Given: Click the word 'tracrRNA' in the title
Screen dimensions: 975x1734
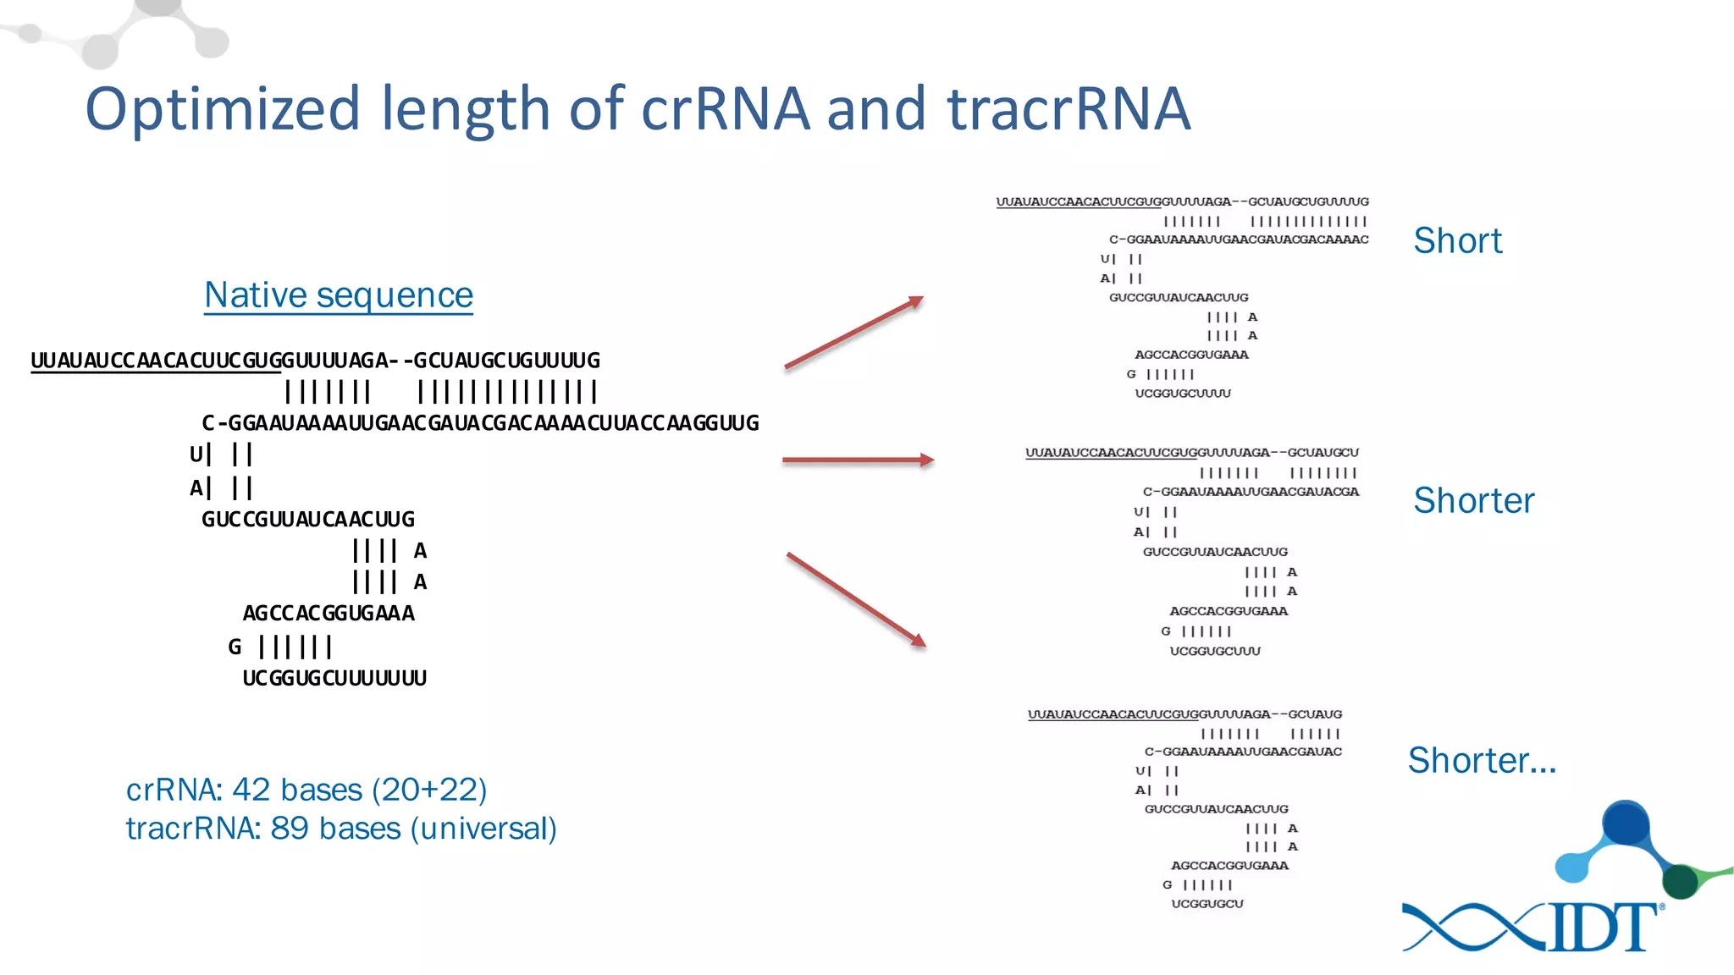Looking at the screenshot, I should coord(1069,110).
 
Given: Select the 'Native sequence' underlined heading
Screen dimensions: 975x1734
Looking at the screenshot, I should coord(339,295).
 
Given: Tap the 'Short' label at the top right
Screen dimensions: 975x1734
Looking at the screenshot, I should coord(1457,241).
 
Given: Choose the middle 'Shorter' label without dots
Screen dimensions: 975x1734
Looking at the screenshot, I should coord(1473,501).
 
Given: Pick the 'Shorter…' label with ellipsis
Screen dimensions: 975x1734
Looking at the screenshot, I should coord(1482,761).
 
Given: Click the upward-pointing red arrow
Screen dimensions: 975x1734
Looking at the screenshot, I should coord(853,333).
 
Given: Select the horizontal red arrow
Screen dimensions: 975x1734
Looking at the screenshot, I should coord(857,460).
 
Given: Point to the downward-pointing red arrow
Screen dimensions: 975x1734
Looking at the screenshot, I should coord(855,599).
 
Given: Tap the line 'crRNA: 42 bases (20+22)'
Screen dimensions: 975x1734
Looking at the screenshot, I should coord(306,790).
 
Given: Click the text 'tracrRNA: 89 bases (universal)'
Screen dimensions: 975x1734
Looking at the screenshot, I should coord(341,829).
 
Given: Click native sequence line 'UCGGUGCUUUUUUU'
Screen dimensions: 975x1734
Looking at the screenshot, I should coord(334,679).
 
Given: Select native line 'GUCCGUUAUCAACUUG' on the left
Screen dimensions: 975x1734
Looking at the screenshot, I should coord(308,520).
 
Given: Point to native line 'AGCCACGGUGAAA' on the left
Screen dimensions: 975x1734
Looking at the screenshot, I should coord(329,614).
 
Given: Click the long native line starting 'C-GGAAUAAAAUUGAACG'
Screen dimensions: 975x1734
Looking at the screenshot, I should coord(480,423).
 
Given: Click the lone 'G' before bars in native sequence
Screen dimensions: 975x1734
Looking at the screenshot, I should coord(235,647).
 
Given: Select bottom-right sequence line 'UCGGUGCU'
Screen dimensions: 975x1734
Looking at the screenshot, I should coord(1207,904).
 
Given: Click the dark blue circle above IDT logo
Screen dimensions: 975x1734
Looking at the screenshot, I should coord(1625,822).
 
